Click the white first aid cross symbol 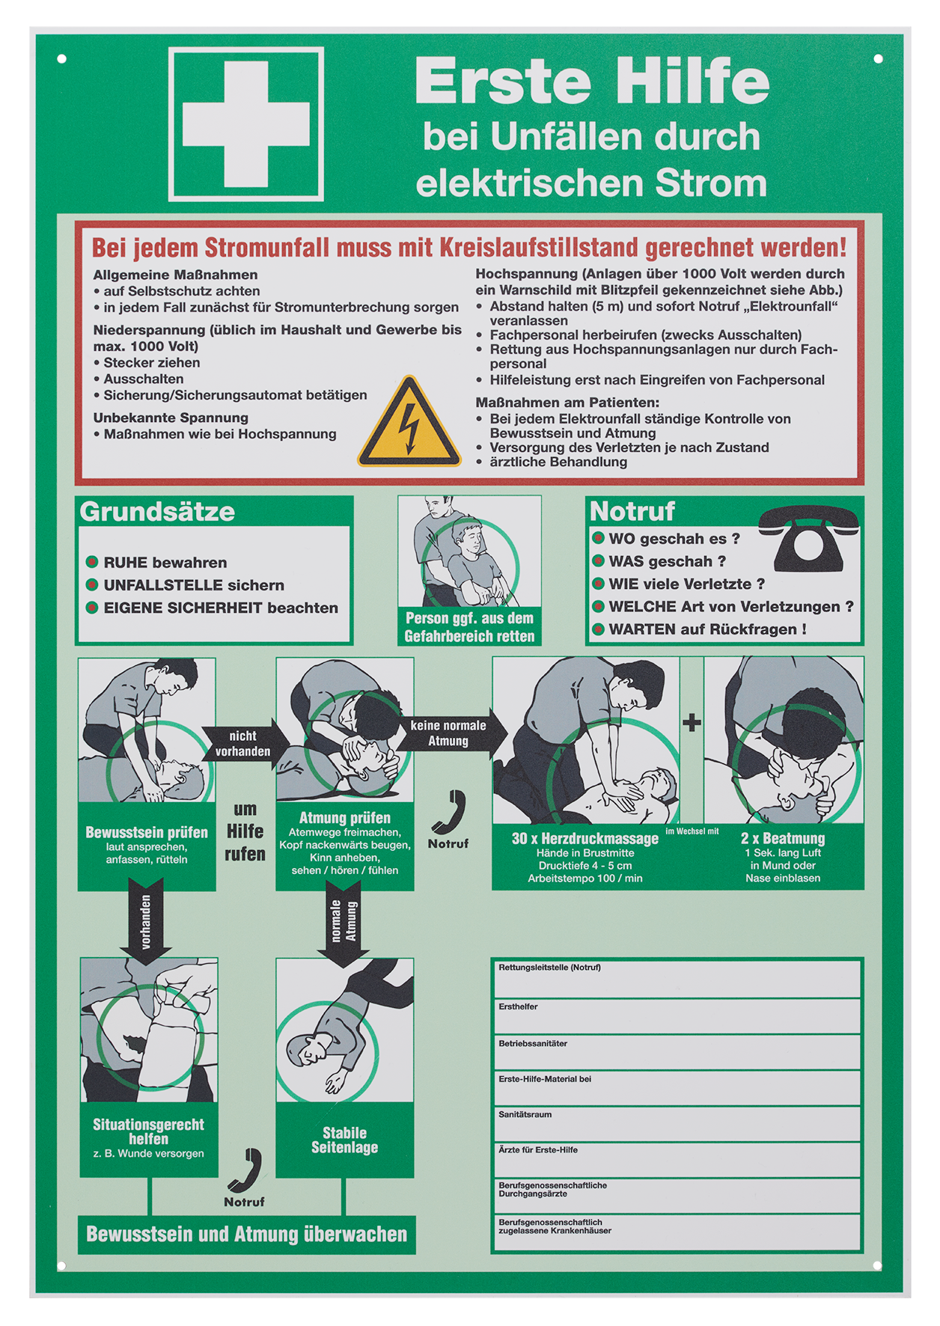246,124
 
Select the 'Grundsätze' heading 157,512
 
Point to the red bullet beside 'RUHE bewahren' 92,562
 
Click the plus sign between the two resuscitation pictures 692,722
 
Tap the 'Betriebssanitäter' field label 533,1043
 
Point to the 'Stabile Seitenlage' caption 344,1140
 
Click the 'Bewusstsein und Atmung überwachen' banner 247,1234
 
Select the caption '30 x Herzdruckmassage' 585,838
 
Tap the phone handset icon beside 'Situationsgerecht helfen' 245,1170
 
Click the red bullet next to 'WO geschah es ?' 598,537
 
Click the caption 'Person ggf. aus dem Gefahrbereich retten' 469,627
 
